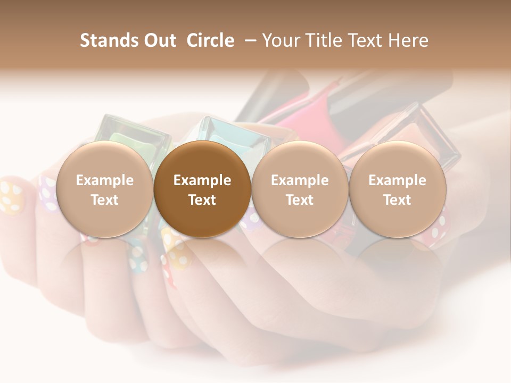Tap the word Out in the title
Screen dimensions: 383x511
[159, 40]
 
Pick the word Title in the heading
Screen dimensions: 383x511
[324, 40]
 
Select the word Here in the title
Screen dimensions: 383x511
[408, 40]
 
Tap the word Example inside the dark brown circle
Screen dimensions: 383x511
[202, 180]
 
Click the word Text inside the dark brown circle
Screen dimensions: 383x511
[202, 200]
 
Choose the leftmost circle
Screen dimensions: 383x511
[105, 189]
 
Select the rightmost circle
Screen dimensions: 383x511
[398, 189]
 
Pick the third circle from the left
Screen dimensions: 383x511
[300, 189]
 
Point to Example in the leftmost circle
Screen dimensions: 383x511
[105, 180]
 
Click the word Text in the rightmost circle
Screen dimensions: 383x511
[398, 200]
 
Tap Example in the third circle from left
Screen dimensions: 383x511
[300, 180]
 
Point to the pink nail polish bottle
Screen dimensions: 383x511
[303, 112]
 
